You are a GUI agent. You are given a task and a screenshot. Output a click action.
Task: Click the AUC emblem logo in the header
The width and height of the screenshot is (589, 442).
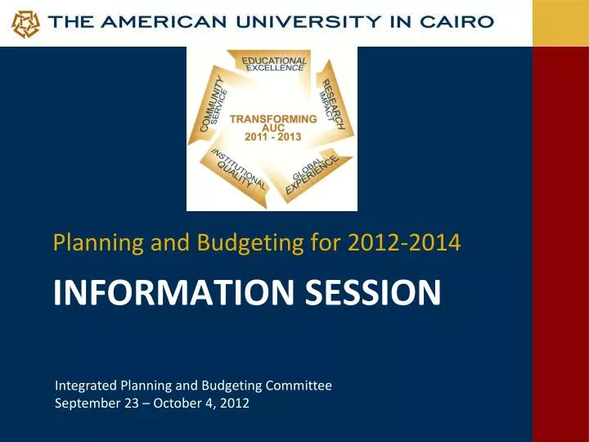(x=25, y=24)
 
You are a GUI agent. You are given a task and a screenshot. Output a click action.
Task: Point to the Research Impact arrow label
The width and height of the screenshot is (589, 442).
(x=335, y=103)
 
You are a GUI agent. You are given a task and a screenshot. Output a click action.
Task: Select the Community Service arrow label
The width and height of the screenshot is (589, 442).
(x=214, y=106)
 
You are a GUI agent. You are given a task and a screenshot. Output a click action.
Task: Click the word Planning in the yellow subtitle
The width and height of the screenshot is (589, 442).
(x=87, y=243)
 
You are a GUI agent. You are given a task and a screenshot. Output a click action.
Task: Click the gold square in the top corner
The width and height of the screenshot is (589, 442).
(x=560, y=23)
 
